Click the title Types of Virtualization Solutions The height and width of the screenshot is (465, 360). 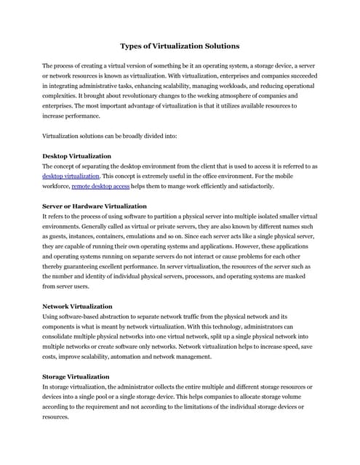(179, 46)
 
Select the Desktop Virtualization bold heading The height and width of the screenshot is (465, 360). (76, 156)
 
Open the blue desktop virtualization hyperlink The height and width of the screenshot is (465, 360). (71, 176)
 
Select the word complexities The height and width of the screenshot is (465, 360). (63, 95)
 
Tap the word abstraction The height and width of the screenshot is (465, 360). (114, 317)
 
